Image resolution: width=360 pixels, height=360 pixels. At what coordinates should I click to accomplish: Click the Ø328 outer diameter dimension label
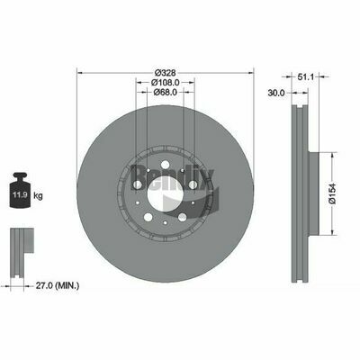[x=162, y=71]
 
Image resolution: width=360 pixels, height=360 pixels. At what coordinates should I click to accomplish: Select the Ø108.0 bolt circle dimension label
[x=161, y=81]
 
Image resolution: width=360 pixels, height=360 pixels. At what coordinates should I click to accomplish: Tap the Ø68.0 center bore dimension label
[x=161, y=91]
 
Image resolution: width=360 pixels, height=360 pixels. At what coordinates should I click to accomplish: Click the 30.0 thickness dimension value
[x=276, y=92]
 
